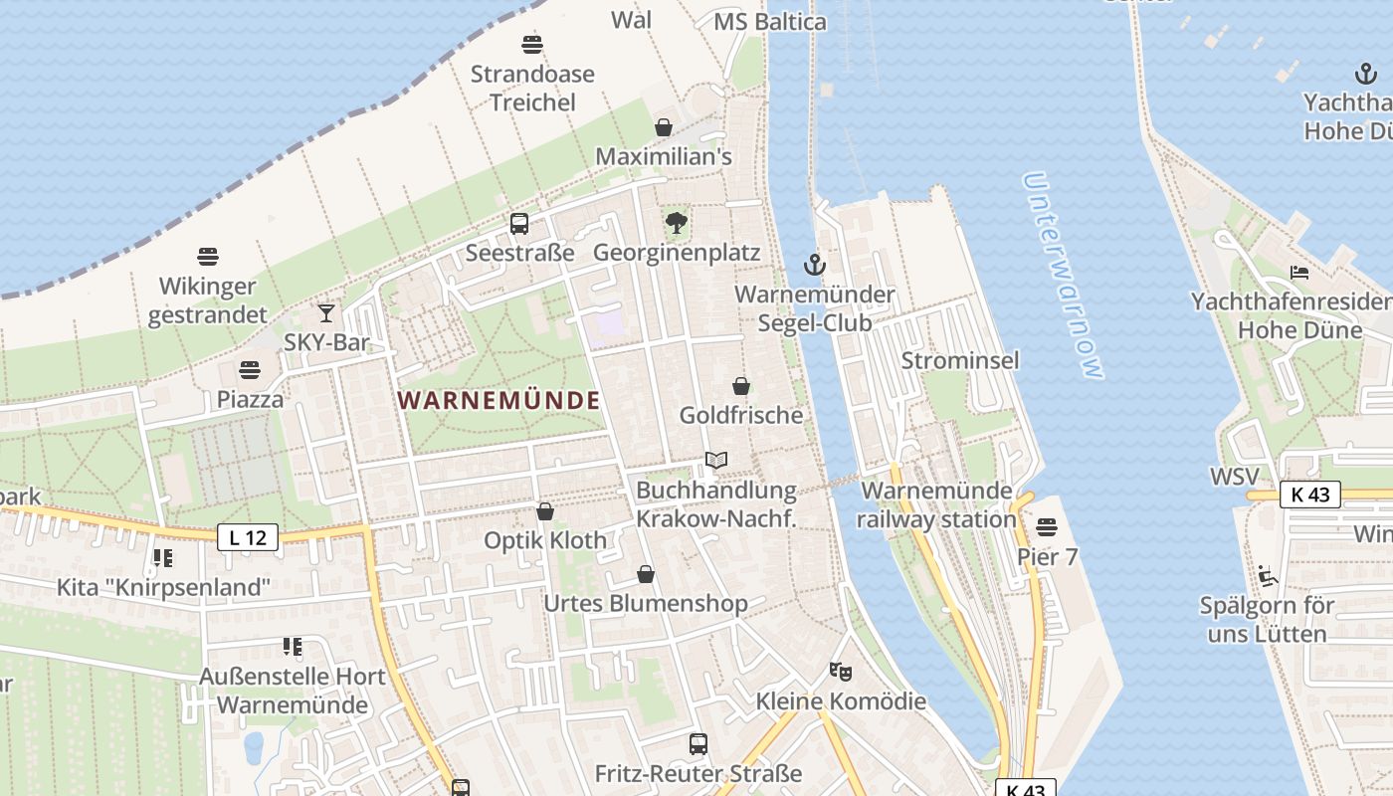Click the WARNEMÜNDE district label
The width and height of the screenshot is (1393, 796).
point(498,400)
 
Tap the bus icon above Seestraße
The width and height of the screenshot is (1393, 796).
point(519,224)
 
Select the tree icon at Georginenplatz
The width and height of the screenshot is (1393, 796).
point(677,223)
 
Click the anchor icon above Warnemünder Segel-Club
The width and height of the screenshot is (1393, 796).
point(815,265)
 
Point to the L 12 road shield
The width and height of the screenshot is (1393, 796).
point(248,537)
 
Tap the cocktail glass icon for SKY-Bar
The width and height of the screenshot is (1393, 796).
point(326,313)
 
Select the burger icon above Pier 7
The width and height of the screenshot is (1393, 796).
point(1047,526)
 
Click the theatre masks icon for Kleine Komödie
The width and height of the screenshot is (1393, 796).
point(841,672)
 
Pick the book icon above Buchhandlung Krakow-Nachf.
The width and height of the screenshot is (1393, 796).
point(716,460)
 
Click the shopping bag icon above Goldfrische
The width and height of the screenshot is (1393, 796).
point(740,386)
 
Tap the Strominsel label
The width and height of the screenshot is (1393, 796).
point(960,360)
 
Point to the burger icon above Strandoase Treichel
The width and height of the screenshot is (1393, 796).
point(532,45)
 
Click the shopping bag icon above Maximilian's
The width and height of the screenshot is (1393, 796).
point(664,127)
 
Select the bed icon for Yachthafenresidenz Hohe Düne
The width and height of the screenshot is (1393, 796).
point(1299,272)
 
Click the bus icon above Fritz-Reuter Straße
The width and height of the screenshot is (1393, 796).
point(698,743)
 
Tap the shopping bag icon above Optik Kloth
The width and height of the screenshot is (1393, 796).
point(545,511)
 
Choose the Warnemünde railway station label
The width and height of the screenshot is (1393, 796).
point(936,504)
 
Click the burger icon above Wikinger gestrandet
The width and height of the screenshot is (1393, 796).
point(208,257)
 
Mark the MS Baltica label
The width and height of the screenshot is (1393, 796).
point(770,21)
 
